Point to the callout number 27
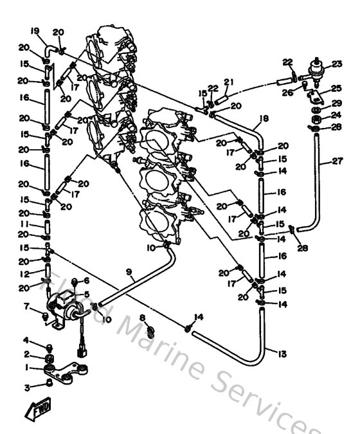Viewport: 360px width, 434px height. coord(337,161)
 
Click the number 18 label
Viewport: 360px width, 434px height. coord(263,118)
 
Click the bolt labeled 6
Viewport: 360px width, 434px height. coord(76,282)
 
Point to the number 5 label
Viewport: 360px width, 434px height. coord(87,294)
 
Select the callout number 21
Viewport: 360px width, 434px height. coord(227,81)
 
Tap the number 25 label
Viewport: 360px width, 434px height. coord(337,88)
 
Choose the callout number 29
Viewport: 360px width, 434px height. coord(337,103)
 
